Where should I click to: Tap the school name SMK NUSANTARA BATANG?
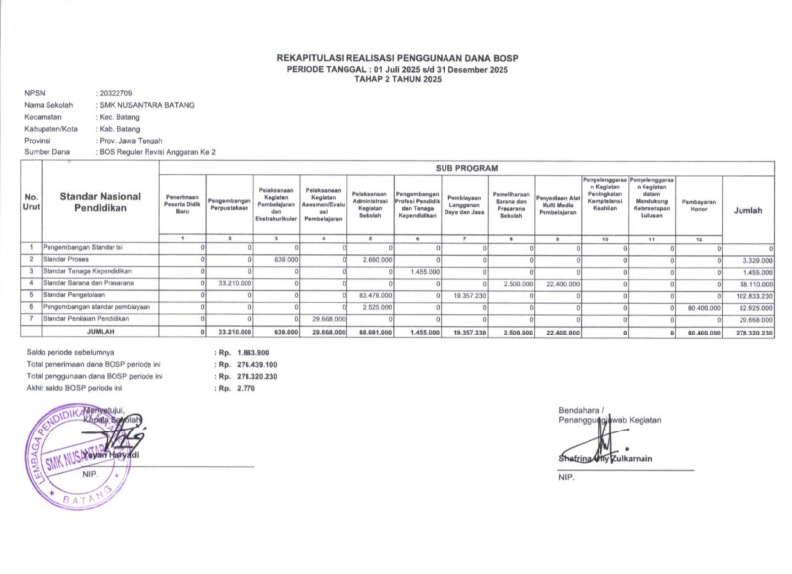(x=147, y=104)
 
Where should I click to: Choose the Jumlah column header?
(x=747, y=210)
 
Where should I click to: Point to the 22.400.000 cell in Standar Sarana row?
(x=560, y=283)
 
